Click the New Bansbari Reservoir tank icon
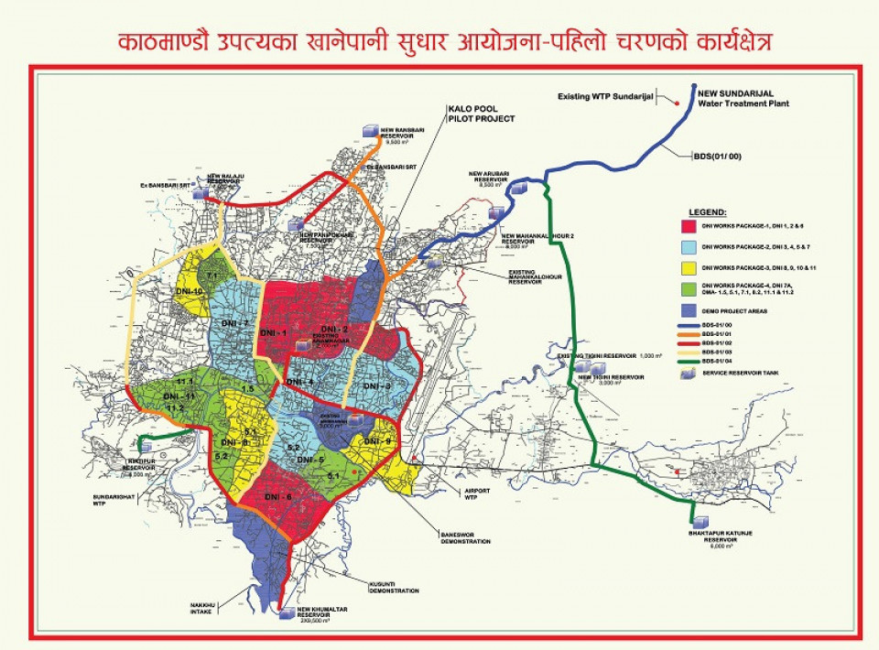point(370,132)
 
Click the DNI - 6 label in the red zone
point(277,495)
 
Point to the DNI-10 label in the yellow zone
point(190,290)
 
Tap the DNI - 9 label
point(376,442)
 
